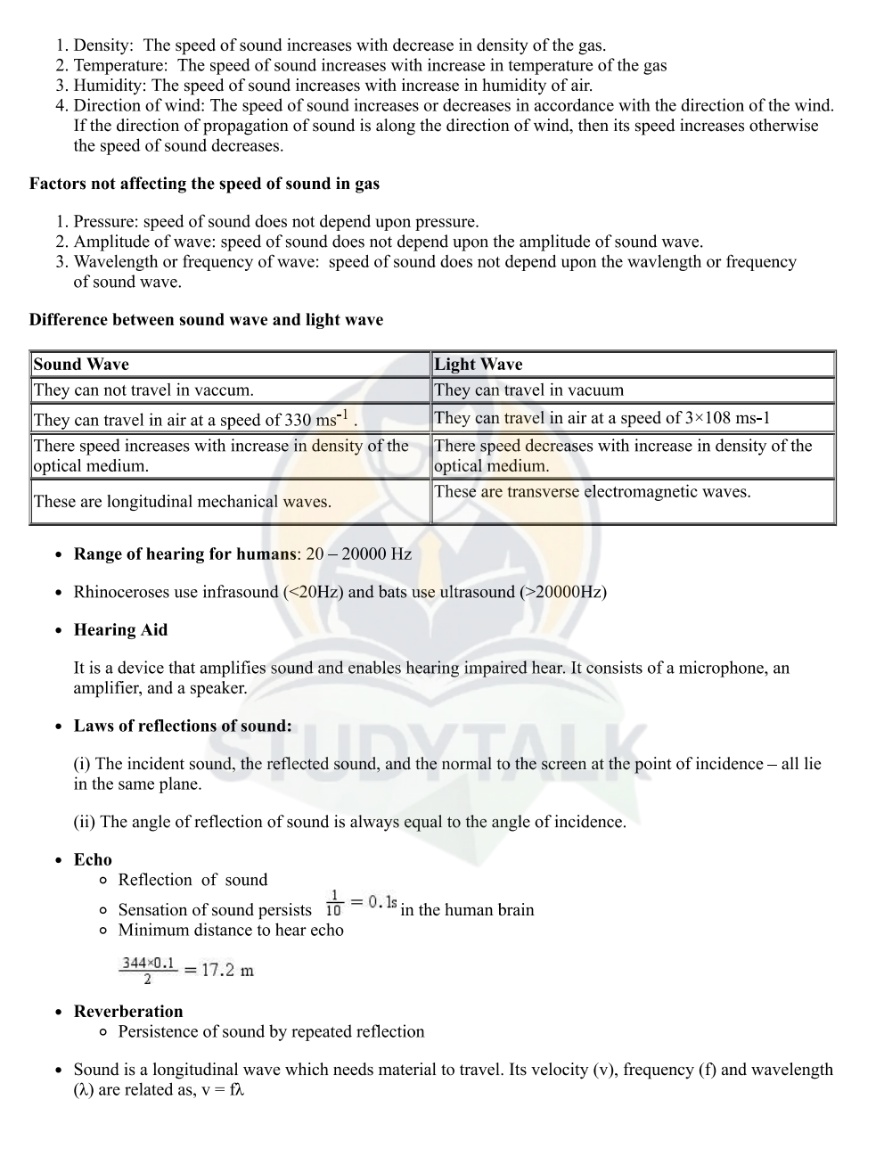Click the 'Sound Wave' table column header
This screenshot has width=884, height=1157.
pyautogui.click(x=81, y=364)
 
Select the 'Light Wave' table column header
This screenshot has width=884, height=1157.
pyautogui.click(x=478, y=364)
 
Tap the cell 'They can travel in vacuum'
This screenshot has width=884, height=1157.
pyautogui.click(x=528, y=390)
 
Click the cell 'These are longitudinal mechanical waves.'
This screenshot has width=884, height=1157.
pyautogui.click(x=182, y=501)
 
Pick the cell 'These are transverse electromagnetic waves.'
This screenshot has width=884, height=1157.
pyautogui.click(x=592, y=491)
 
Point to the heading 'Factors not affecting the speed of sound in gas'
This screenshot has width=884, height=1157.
pyautogui.click(x=204, y=184)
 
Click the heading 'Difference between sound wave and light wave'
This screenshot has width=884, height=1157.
pyautogui.click(x=206, y=319)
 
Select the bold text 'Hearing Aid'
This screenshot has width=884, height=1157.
pyautogui.click(x=120, y=629)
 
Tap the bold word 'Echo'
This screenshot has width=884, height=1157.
pyautogui.click(x=93, y=859)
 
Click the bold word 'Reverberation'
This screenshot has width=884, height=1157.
pyautogui.click(x=128, y=1011)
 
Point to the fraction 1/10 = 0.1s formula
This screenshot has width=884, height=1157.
pyautogui.click(x=361, y=902)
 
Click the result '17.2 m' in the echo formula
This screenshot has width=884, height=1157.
pyautogui.click(x=227, y=970)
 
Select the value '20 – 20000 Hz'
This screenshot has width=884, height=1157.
pyautogui.click(x=358, y=554)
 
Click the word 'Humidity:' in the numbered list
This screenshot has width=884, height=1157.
pyautogui.click(x=110, y=86)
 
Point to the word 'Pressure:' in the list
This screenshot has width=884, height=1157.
pyautogui.click(x=106, y=221)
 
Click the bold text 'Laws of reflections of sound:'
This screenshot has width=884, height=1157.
pyautogui.click(x=183, y=726)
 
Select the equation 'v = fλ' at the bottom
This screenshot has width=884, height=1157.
pyautogui.click(x=222, y=1089)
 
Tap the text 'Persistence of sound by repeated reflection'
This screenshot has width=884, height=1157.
pyautogui.click(x=271, y=1031)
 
